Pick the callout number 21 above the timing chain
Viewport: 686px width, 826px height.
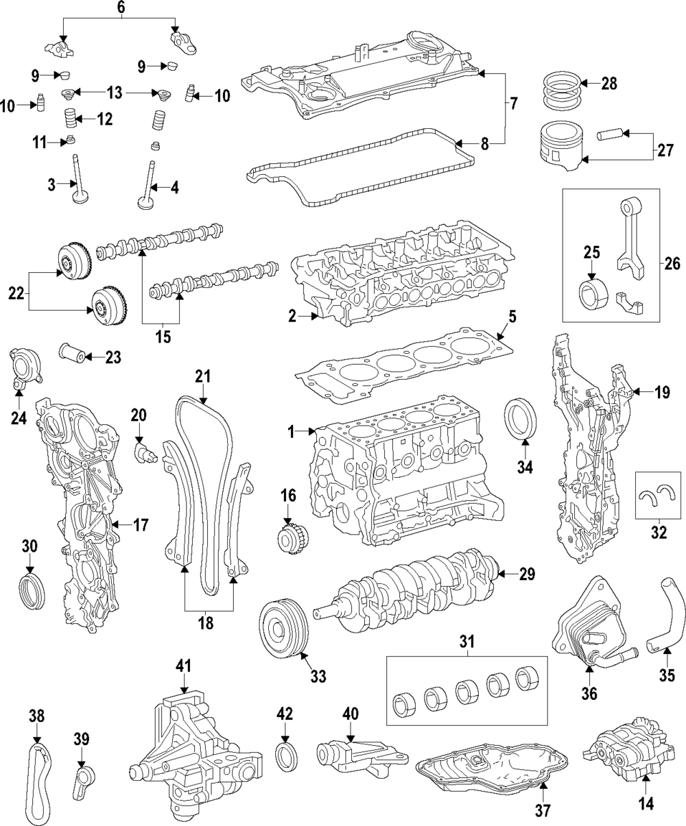click(203, 376)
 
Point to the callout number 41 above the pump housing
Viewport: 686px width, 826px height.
click(183, 666)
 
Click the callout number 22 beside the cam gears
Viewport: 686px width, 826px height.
click(14, 293)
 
